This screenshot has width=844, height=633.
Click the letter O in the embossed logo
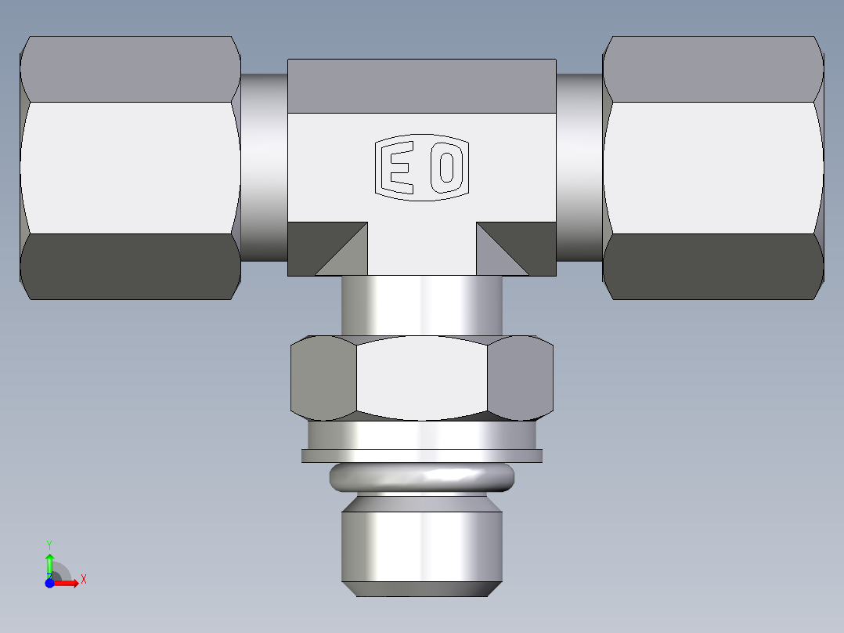tap(445, 167)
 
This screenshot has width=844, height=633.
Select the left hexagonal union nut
tap(130, 167)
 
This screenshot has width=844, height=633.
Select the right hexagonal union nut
tap(713, 167)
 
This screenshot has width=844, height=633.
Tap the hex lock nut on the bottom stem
tap(421, 378)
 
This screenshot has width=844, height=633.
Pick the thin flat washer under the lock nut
tap(421, 455)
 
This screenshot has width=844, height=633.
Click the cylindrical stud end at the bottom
tap(421, 544)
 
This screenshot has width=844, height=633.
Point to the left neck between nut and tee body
tap(265, 167)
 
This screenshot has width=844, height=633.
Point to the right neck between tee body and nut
tap(579, 167)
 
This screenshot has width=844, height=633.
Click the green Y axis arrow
tap(49, 561)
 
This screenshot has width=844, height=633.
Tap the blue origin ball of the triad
tap(49, 583)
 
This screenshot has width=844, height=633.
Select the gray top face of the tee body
tap(421, 85)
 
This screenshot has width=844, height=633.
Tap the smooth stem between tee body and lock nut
tap(421, 306)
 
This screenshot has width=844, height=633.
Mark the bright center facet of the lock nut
tap(421, 378)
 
